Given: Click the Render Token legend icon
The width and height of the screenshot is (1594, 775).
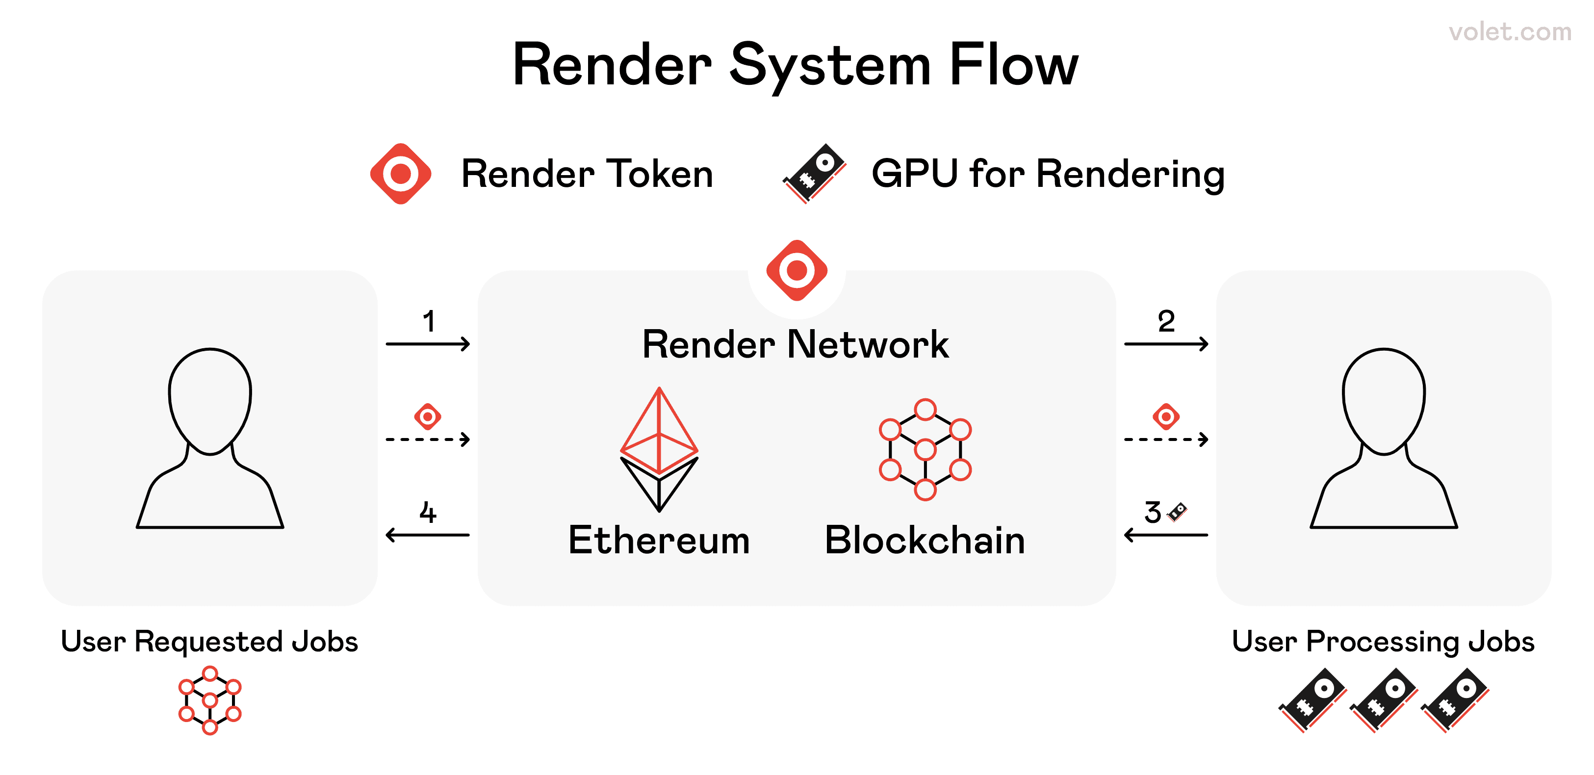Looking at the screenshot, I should pyautogui.click(x=401, y=174).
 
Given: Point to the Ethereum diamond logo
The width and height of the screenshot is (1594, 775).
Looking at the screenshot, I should pyautogui.click(x=659, y=449).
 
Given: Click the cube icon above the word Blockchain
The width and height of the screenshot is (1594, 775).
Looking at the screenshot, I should pyautogui.click(x=925, y=449).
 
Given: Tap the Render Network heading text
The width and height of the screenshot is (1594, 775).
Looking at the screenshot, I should pyautogui.click(x=795, y=344).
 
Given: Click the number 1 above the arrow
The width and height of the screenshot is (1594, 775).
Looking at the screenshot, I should pyautogui.click(x=429, y=321).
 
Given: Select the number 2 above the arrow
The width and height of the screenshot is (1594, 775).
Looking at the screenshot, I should pyautogui.click(x=1166, y=321).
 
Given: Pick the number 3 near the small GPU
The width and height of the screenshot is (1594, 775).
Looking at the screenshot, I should pyautogui.click(x=1152, y=513).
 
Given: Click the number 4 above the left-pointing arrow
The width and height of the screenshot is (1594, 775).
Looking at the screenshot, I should pyautogui.click(x=428, y=513).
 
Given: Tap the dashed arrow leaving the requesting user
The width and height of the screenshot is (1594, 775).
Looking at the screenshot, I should pyautogui.click(x=428, y=439).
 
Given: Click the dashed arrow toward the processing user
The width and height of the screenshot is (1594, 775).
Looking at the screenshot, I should pyautogui.click(x=1166, y=439).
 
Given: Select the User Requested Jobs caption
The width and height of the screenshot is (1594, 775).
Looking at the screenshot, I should pyautogui.click(x=209, y=641).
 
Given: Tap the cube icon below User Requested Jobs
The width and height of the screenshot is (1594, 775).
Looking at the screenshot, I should pyautogui.click(x=210, y=700).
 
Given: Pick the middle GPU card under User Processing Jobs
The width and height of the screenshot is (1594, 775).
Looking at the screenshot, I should pyautogui.click(x=1384, y=699).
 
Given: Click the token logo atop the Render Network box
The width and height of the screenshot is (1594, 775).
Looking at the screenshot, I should pyautogui.click(x=797, y=270).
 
